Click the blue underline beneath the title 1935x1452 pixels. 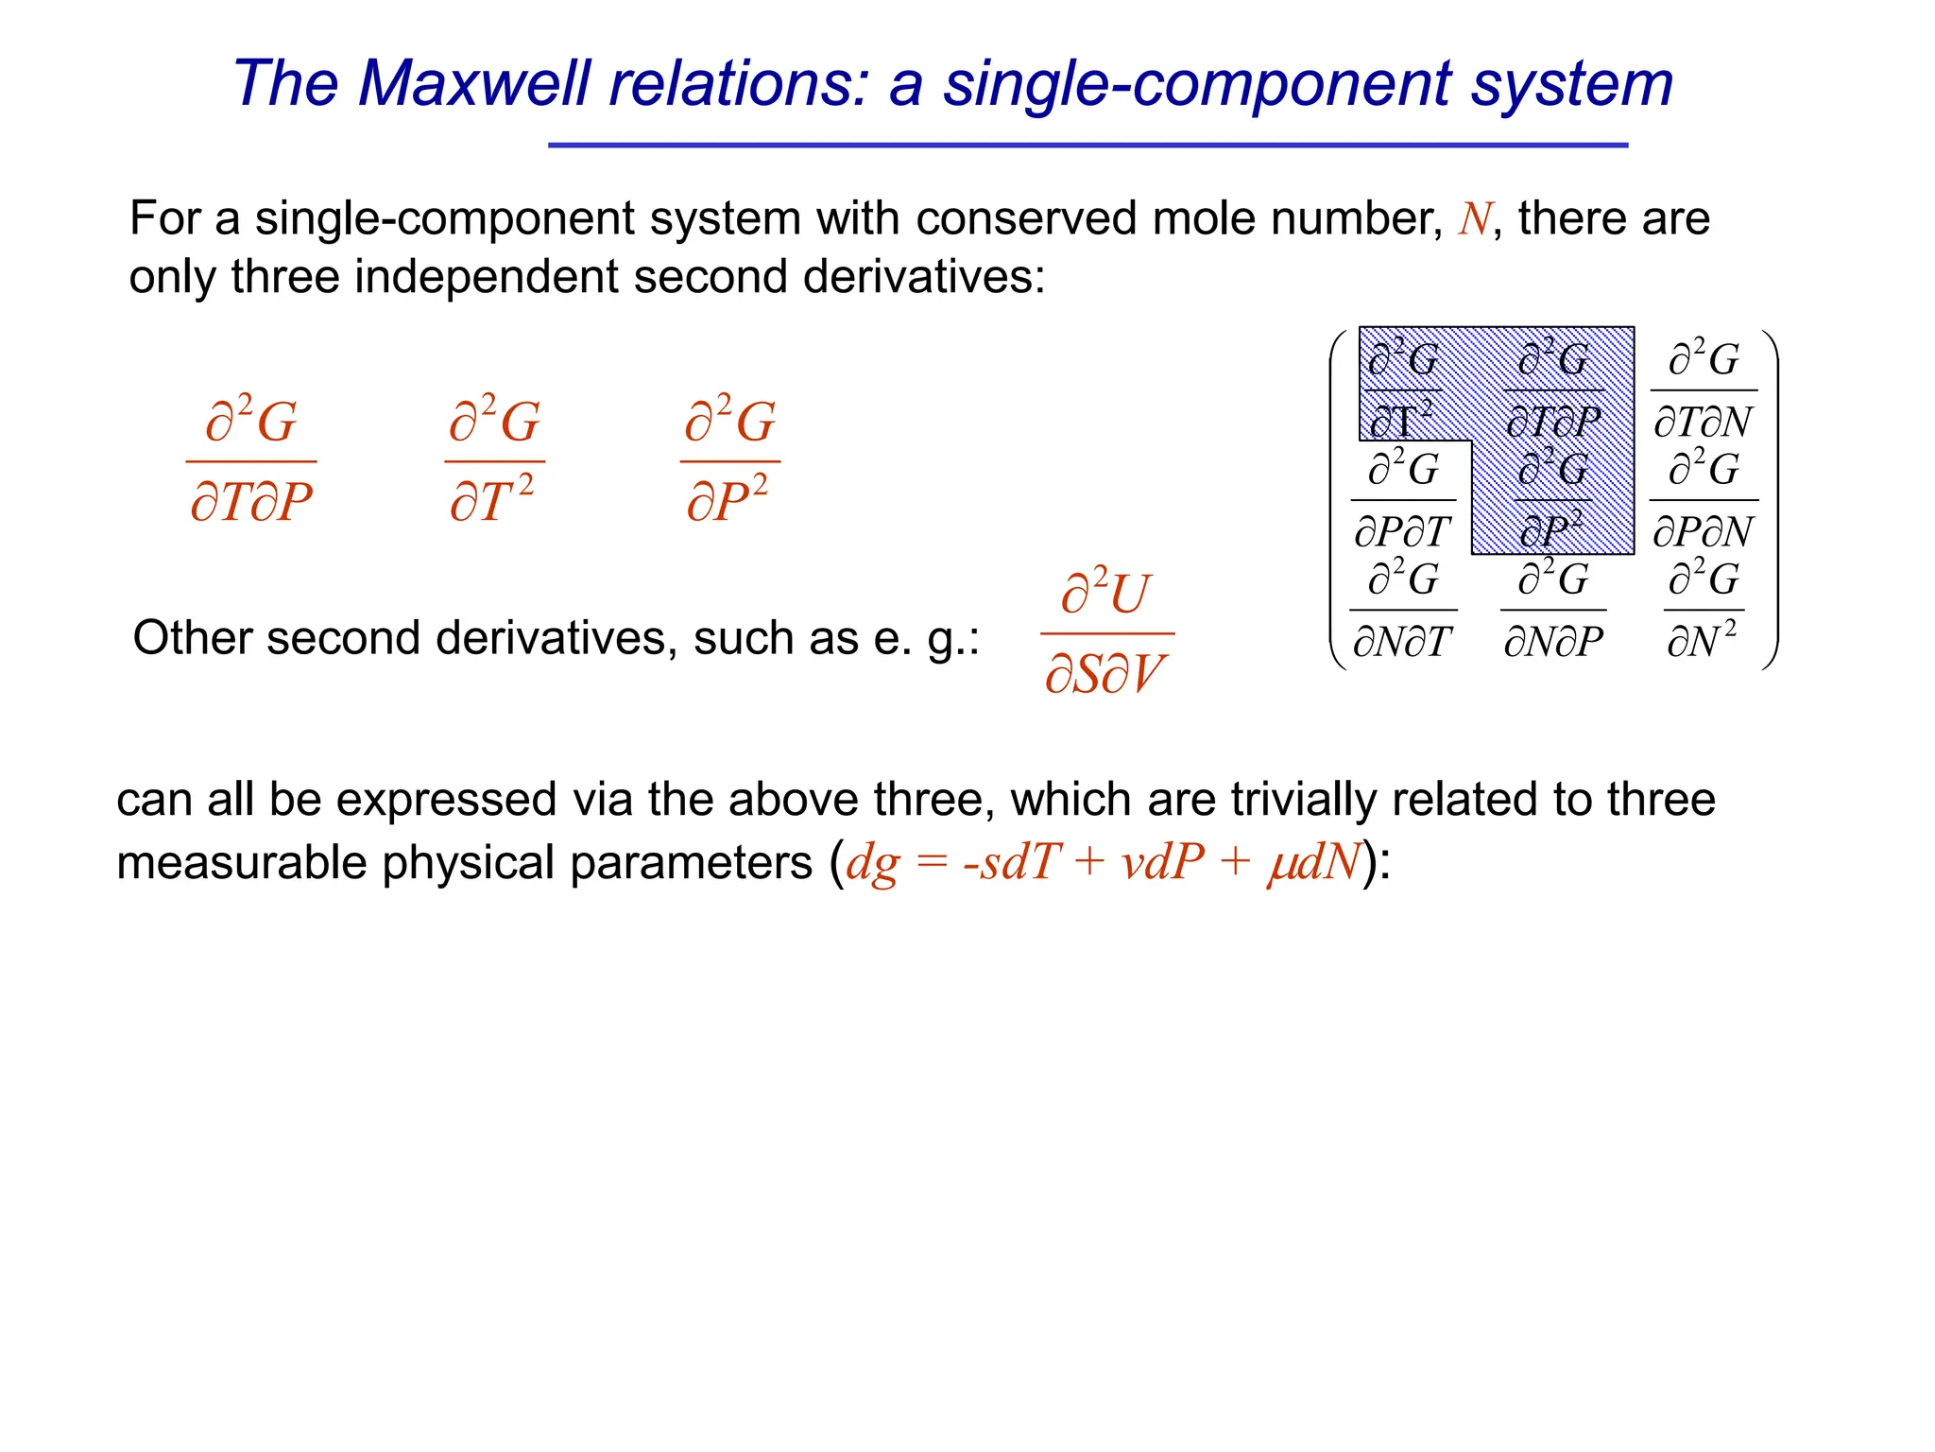tap(1087, 146)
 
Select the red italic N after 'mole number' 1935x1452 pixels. tap(1474, 219)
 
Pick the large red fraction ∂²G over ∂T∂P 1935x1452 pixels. tap(251, 460)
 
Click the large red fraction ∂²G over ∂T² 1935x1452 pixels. tap(493, 460)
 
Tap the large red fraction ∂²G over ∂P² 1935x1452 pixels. tap(728, 460)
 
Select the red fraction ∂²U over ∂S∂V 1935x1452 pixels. tap(1105, 632)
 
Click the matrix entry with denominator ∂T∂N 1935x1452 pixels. tap(1704, 390)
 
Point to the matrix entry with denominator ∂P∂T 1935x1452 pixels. tap(1403, 500)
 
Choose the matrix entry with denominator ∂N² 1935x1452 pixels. tap(1703, 610)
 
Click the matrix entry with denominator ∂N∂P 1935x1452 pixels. tap(1553, 610)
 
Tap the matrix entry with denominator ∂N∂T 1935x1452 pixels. tap(1403, 610)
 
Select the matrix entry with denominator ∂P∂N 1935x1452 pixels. tap(1704, 500)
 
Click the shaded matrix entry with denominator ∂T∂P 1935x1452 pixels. tap(1553, 390)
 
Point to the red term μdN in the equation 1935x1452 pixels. tap(1313, 862)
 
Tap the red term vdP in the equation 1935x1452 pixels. tap(1162, 862)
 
